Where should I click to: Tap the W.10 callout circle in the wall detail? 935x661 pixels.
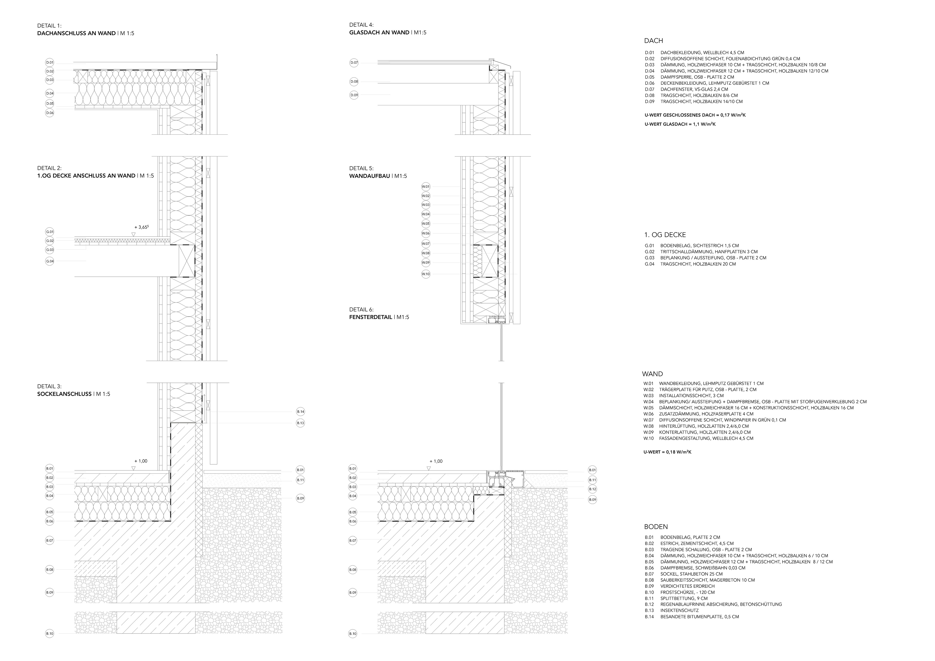(x=426, y=274)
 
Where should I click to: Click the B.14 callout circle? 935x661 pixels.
(x=300, y=412)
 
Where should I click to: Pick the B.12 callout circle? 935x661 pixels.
(x=592, y=489)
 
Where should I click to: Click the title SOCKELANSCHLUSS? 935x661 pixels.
(x=64, y=394)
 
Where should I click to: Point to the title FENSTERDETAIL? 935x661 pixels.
(x=371, y=317)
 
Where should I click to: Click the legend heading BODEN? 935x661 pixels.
(x=656, y=527)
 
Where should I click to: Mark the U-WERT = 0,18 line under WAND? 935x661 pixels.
(x=667, y=452)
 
